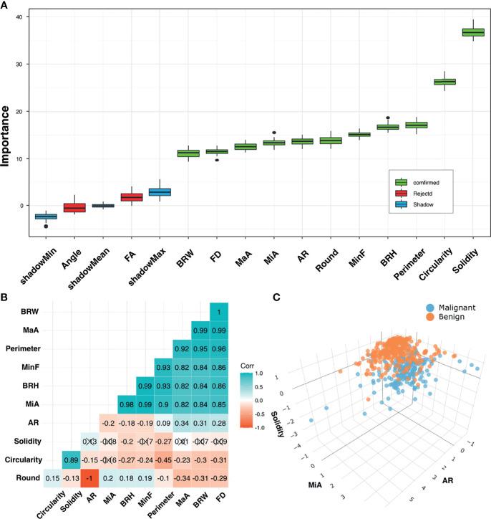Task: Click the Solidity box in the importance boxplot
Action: pyautogui.click(x=473, y=32)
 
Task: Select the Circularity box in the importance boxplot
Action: pyautogui.click(x=445, y=82)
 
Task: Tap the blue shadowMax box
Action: pyautogui.click(x=160, y=192)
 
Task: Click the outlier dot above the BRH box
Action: pyautogui.click(x=389, y=118)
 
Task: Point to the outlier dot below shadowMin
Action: pyautogui.click(x=47, y=227)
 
